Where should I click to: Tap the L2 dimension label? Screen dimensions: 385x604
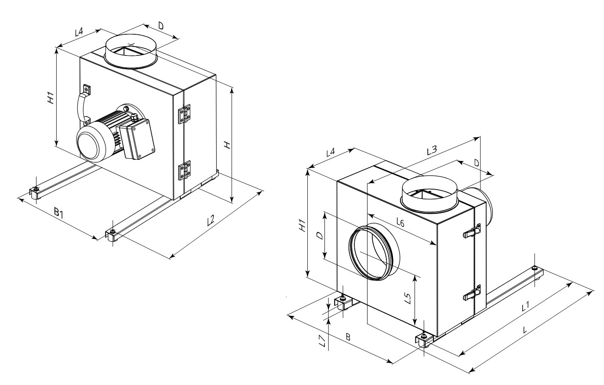[211, 219]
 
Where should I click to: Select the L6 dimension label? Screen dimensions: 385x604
[400, 223]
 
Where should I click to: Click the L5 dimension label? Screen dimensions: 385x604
[408, 299]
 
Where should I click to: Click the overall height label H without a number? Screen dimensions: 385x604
[227, 145]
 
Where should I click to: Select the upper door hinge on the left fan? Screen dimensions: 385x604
[183, 114]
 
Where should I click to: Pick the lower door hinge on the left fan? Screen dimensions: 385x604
[183, 171]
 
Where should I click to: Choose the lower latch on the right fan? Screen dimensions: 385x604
[474, 293]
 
